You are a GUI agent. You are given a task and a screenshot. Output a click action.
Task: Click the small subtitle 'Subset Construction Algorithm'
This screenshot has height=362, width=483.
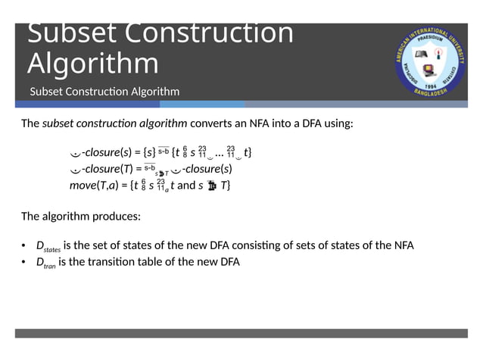(x=104, y=92)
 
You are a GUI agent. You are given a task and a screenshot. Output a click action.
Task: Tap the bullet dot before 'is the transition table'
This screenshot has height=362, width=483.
(x=24, y=262)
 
